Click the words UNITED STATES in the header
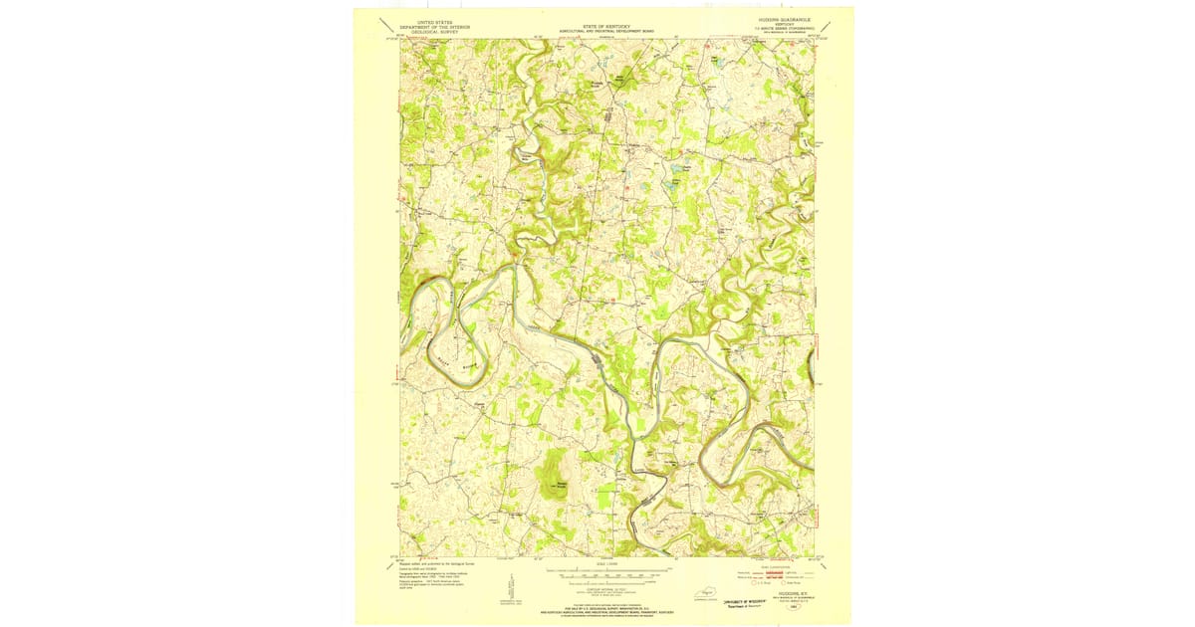click(431, 20)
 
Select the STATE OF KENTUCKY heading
click(605, 21)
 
